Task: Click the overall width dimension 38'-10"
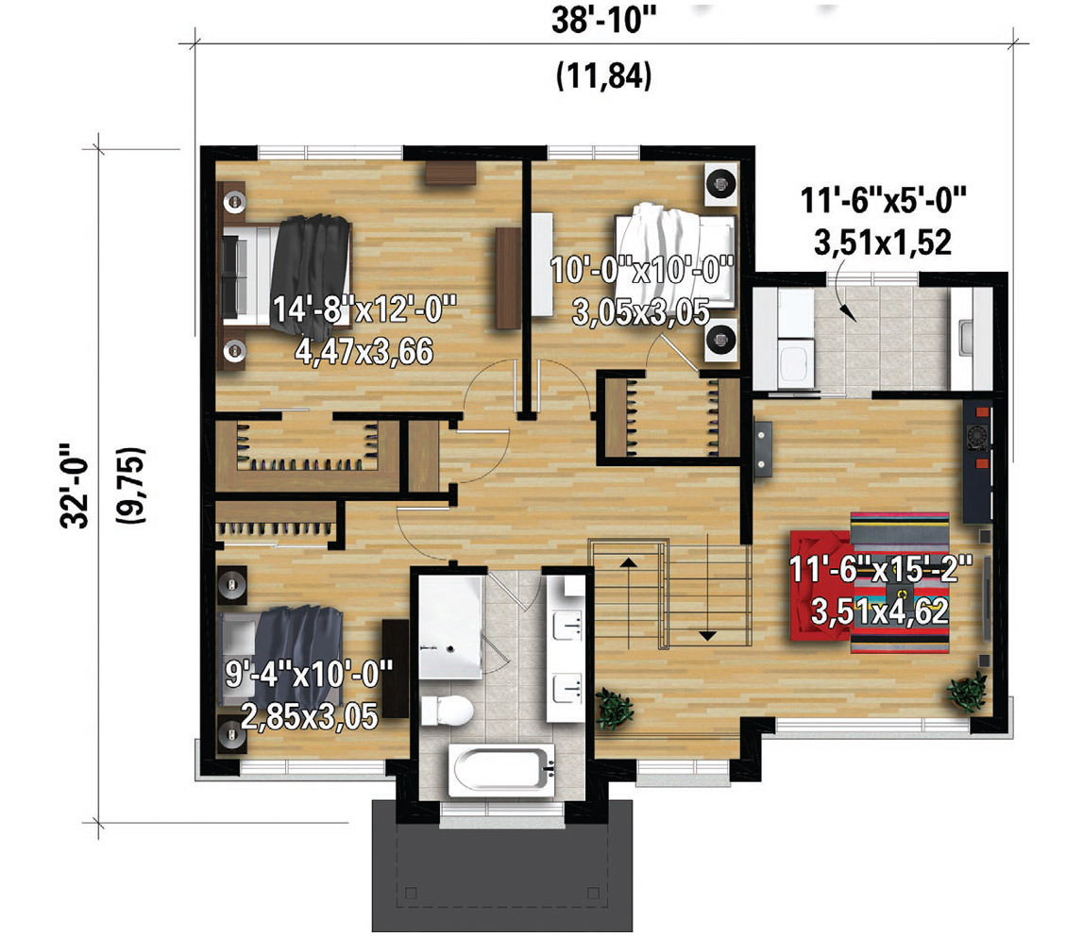[603, 20]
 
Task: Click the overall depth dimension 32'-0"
[75, 485]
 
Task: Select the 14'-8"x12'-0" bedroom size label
[364, 309]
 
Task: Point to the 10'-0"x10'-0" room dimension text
[642, 269]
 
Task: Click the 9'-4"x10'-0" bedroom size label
[309, 673]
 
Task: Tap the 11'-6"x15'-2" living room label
[880, 570]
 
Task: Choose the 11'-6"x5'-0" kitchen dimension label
[883, 201]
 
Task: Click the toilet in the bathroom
[447, 711]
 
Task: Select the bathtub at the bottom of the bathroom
[502, 769]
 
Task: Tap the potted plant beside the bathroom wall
[614, 709]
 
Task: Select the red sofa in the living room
[821, 586]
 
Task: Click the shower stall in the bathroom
[450, 628]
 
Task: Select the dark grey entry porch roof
[502, 866]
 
